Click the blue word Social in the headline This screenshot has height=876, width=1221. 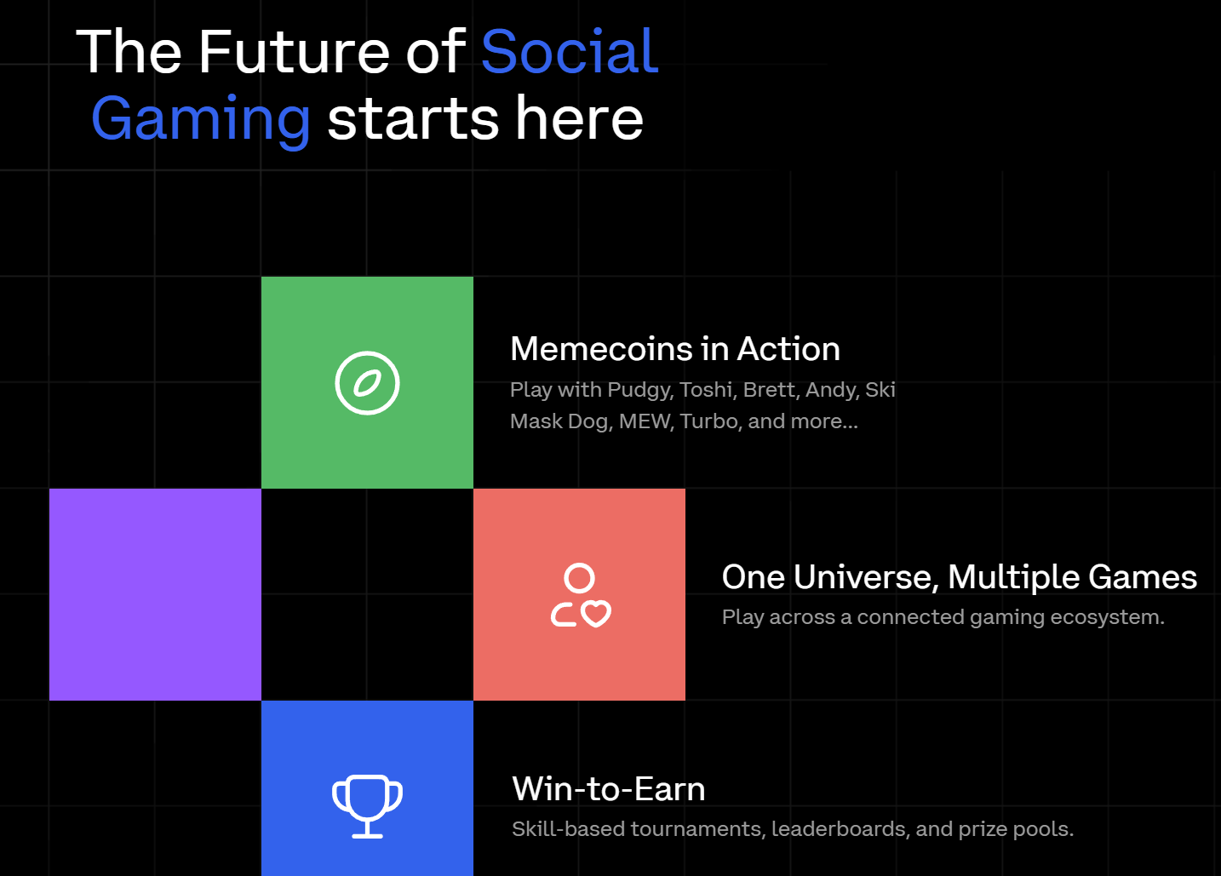coord(570,51)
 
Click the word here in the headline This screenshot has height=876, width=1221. coord(580,117)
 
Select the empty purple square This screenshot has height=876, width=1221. coord(155,594)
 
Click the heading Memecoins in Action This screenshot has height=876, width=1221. coord(675,349)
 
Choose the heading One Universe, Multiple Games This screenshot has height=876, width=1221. coord(960,577)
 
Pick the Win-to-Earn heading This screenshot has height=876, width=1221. coord(608,789)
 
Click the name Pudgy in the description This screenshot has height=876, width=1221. coord(640,390)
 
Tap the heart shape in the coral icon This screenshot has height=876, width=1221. coord(596,613)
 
